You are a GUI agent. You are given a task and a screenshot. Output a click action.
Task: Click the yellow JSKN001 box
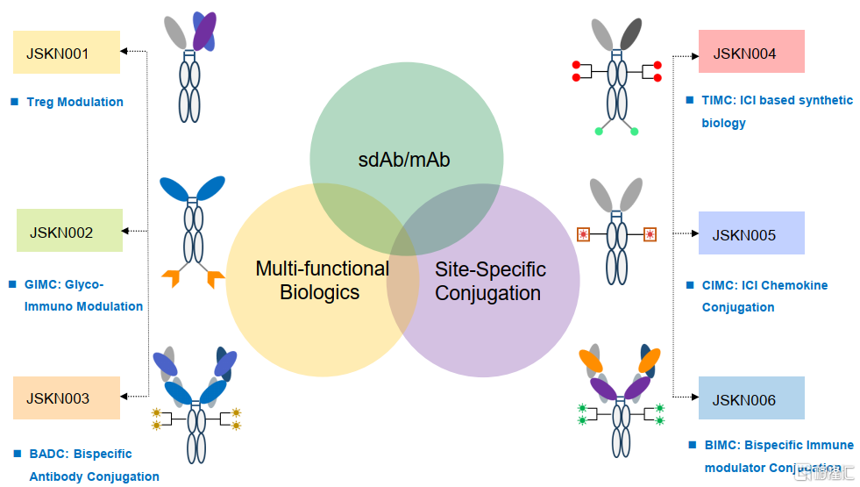coord(67,53)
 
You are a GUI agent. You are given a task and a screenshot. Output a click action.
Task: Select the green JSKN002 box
coord(69,231)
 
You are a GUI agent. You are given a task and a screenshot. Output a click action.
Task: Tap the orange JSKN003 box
coord(67,397)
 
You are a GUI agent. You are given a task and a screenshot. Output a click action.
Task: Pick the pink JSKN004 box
coord(751,52)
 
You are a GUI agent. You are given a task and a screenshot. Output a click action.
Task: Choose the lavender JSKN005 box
coord(751,233)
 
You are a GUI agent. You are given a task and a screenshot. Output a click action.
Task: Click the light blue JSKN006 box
coord(751,398)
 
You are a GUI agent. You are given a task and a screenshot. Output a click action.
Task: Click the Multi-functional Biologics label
coord(322,280)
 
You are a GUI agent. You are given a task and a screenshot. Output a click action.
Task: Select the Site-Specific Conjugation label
coord(489,281)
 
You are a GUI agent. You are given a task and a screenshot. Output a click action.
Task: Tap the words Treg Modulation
coord(75,102)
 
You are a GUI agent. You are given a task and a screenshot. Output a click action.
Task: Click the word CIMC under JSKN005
coord(720,285)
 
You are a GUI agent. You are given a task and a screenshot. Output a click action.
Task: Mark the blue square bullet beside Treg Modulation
coord(14,102)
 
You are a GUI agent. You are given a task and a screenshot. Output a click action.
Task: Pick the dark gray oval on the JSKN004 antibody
coord(631,33)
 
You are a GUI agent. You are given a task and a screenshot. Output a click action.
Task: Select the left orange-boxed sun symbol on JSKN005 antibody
coord(583,234)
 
